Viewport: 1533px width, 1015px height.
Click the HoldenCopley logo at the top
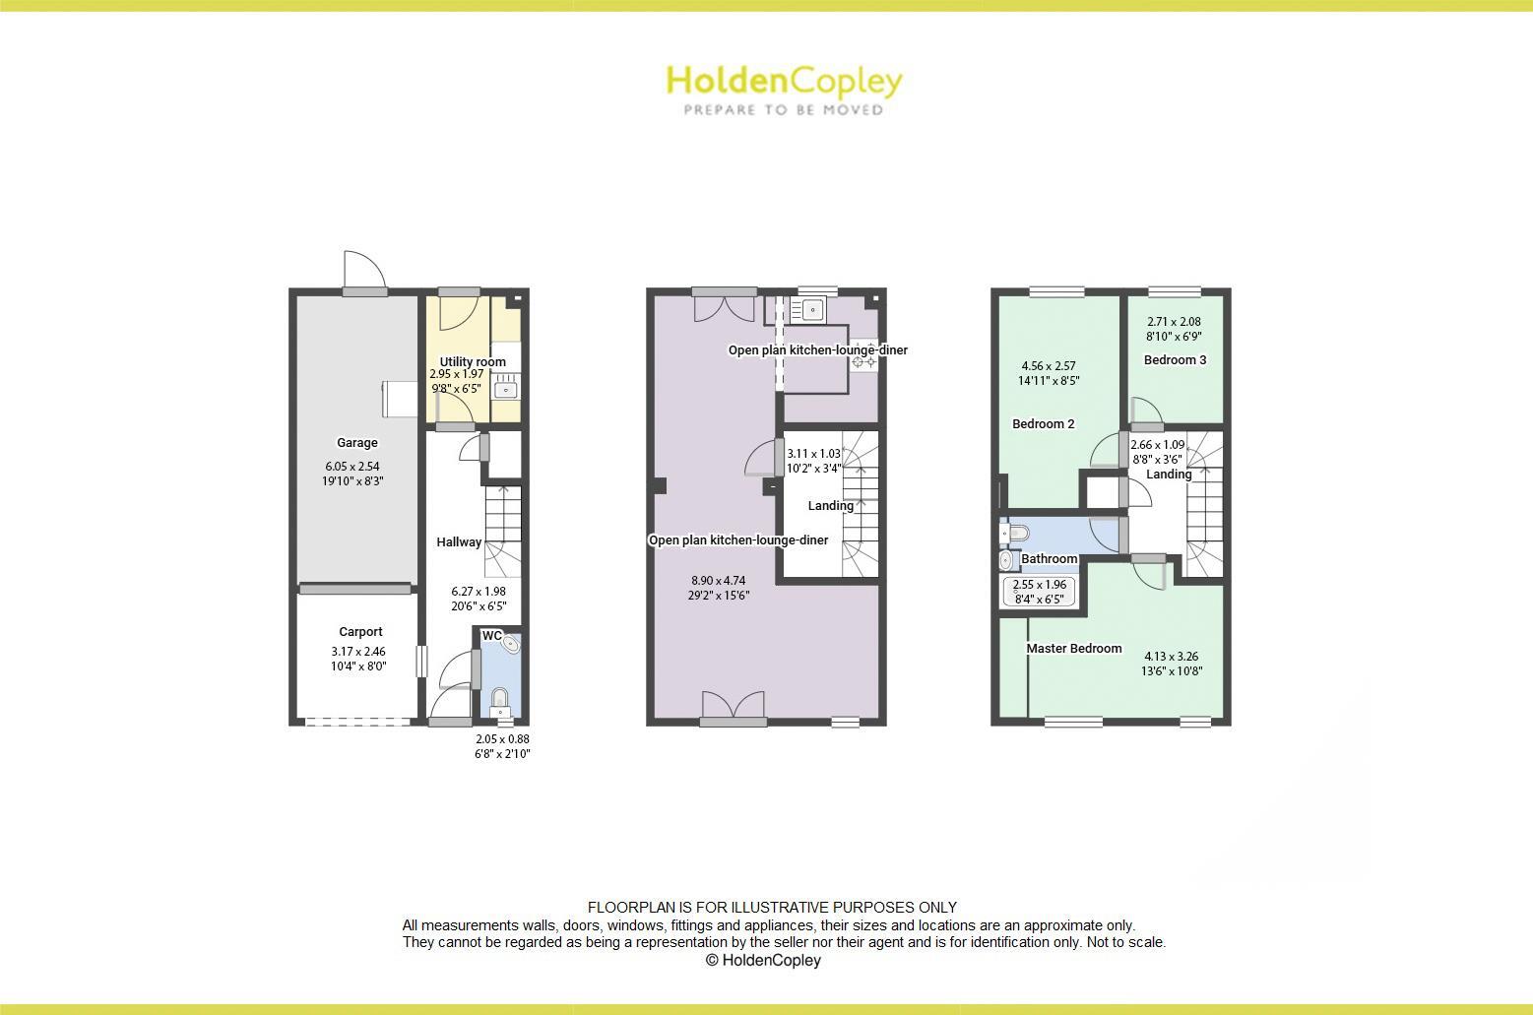pos(784,89)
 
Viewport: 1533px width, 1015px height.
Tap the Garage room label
pos(356,443)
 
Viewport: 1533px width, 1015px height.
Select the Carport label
pos(360,632)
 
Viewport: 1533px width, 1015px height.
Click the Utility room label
pos(473,361)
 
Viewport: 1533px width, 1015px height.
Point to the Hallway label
pos(459,542)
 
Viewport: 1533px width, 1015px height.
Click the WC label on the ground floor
pos(491,636)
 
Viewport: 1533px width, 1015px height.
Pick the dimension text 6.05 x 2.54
pos(351,467)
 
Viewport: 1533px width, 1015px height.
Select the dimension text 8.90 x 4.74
pos(718,581)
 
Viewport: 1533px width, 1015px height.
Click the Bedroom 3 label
pos(1175,360)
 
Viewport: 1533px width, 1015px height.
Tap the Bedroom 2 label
pos(1043,424)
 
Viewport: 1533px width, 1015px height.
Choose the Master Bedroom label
pos(1074,649)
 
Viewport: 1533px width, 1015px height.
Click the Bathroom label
pos(1049,559)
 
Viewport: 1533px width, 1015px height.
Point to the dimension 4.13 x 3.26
pos(1171,657)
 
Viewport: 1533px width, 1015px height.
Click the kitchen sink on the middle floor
pos(811,310)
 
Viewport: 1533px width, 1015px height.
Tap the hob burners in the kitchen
pos(863,362)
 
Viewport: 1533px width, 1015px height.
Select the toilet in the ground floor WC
pos(500,701)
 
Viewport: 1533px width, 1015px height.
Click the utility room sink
pos(506,390)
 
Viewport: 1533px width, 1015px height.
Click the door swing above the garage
pos(361,269)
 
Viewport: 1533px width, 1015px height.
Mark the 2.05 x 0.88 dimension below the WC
pos(502,739)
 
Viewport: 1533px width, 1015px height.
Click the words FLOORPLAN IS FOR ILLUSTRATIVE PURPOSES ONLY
pos(772,908)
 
